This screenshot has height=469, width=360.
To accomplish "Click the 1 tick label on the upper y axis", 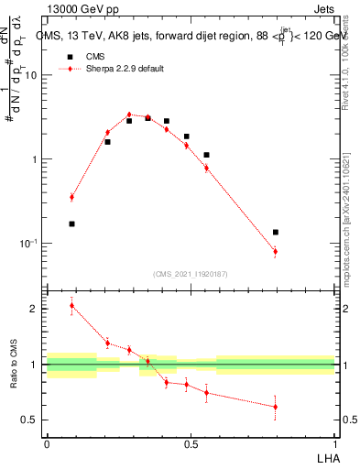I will coord(34,159).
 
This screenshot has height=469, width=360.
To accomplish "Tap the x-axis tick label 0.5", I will coord(191,443).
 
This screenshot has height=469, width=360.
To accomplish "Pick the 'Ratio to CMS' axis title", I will coord(13,364).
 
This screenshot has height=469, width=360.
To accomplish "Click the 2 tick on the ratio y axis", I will coord(34,309).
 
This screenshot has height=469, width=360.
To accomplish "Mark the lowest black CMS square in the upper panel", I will coord(71,224).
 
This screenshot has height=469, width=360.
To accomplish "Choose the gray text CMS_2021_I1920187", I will coord(191,274).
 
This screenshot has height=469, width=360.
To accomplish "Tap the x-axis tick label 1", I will coord(334,443).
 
